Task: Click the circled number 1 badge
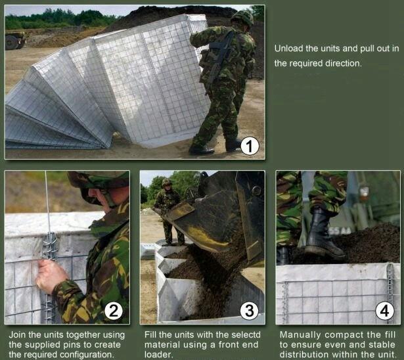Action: [250, 146]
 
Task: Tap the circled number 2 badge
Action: [114, 311]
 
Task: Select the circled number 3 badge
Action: [249, 311]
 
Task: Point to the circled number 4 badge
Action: [385, 311]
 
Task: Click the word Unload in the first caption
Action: [288, 49]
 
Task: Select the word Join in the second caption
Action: [18, 335]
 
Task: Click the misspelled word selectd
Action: [246, 335]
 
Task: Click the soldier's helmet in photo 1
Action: [242, 18]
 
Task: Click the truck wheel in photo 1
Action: [12, 42]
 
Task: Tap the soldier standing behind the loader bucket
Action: [169, 212]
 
